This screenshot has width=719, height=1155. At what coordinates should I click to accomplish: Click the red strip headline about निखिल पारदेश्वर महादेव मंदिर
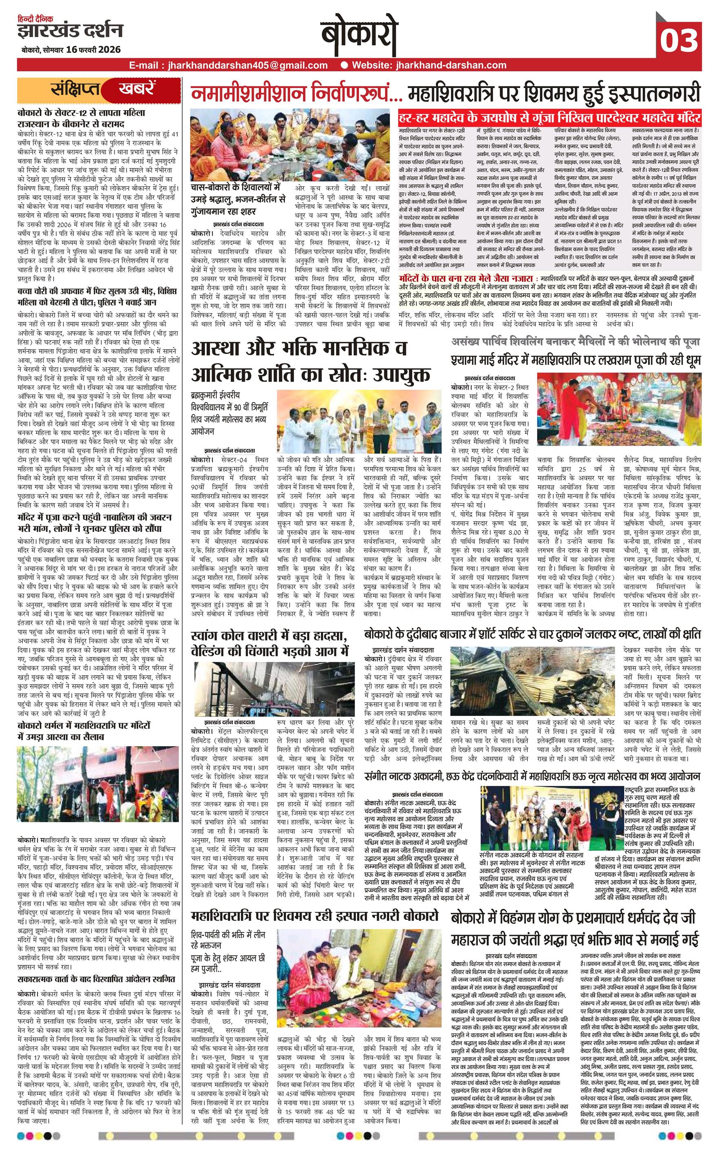[549, 117]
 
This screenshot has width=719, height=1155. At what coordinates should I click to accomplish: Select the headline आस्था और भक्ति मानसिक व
[300, 349]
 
